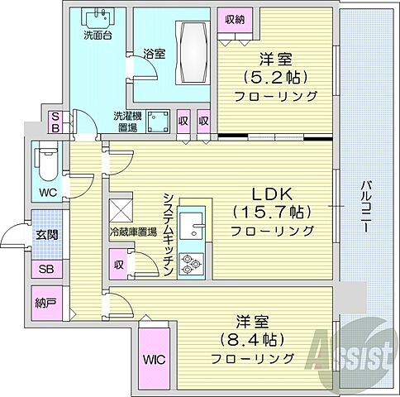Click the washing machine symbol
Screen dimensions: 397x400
click(x=155, y=122)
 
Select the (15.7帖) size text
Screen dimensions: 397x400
click(x=274, y=212)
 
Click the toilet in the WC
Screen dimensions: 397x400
click(x=45, y=164)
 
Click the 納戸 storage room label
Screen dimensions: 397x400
click(x=45, y=304)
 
